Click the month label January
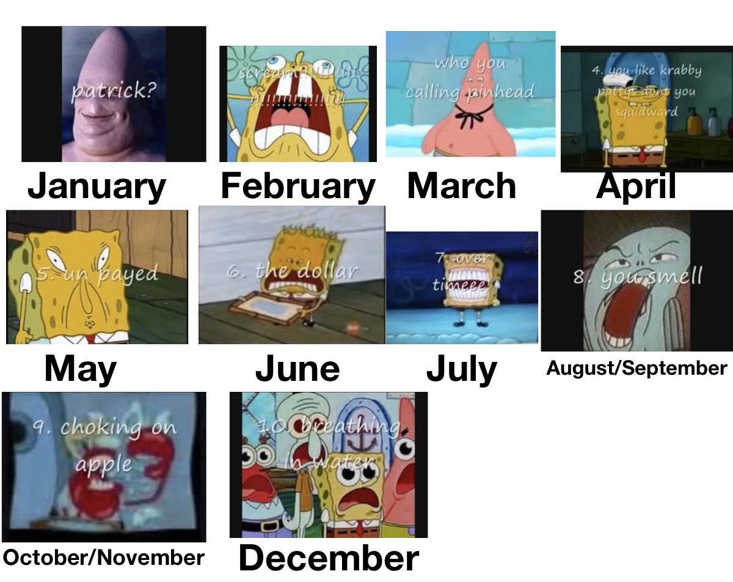[x=97, y=187]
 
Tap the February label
[x=297, y=186]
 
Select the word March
[x=461, y=185]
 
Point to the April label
[x=636, y=185]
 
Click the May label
[x=80, y=369]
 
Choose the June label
[x=297, y=369]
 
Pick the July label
[x=461, y=369]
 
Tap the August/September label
[x=636, y=368]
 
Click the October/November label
[x=103, y=557]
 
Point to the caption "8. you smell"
[x=637, y=277]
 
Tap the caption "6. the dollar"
[x=291, y=271]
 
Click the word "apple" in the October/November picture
[x=103, y=463]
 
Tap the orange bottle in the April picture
[x=693, y=124]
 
